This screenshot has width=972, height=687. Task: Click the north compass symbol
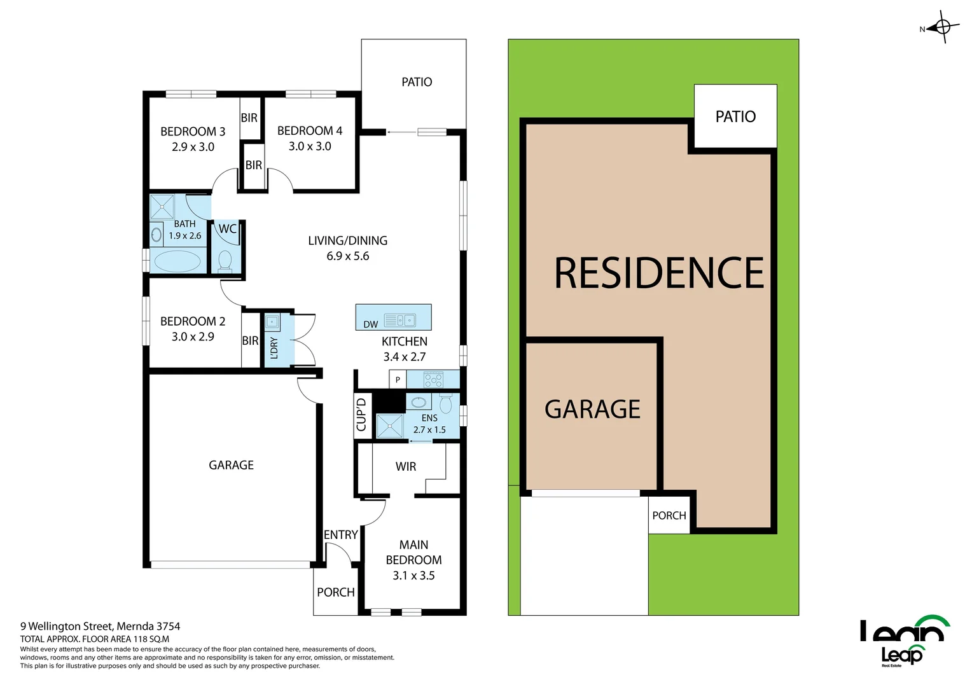pos(943,27)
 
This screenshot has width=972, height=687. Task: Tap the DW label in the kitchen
pos(370,324)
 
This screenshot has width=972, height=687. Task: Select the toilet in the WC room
pos(225,260)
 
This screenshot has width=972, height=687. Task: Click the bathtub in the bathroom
pos(177,261)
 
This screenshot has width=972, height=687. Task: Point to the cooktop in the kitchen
pos(433,380)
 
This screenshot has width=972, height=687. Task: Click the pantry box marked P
pos(398,380)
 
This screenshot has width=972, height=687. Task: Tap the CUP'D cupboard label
pos(362,415)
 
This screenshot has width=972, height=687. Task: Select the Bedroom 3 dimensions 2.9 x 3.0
pos(193,147)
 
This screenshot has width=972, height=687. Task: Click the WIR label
pos(406,467)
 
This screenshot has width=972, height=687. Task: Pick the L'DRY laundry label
pos(274,348)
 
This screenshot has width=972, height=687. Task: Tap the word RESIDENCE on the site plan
pos(658,274)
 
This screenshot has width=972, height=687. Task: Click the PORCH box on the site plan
pos(669,515)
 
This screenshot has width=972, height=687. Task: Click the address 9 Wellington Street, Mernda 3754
pos(101,627)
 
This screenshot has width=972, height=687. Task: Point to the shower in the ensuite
pos(389,426)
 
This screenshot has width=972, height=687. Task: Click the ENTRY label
pos(340,535)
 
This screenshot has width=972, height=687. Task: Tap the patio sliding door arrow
pos(401,132)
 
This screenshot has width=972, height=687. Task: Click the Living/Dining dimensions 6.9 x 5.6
pos(347,256)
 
